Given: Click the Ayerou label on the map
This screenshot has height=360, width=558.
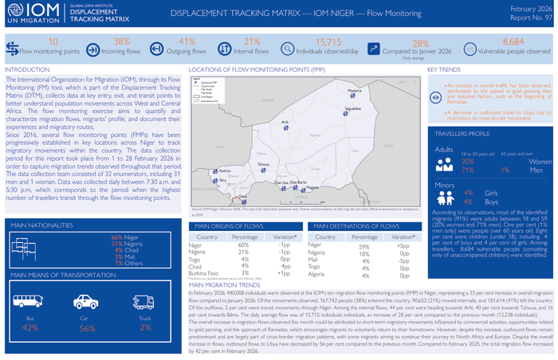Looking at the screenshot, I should [225, 170].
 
